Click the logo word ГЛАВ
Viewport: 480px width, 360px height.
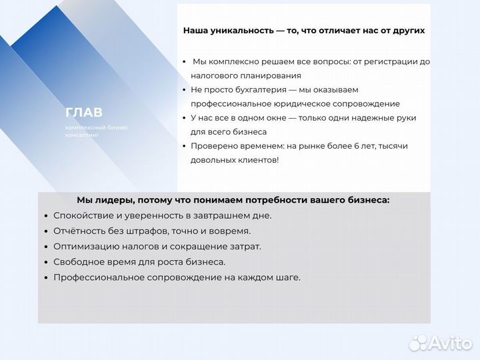tap(84, 113)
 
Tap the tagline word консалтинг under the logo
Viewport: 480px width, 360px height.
tap(82, 135)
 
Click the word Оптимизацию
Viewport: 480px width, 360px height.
tap(85, 246)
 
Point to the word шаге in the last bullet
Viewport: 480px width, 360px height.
tap(288, 277)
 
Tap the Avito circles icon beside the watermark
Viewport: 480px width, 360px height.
tap(419, 343)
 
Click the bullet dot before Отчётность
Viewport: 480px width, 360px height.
tap(45, 231)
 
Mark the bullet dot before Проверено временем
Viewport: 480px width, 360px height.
tap(183, 146)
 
